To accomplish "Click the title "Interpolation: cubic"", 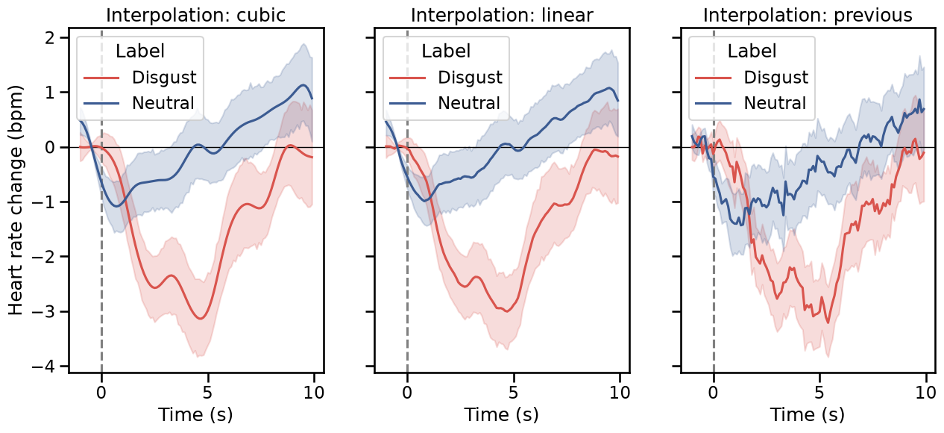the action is click(x=196, y=15).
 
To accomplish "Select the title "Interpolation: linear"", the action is click(x=502, y=15).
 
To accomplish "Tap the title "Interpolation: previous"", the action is click(x=808, y=16).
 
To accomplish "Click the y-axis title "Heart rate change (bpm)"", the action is click(x=16, y=200).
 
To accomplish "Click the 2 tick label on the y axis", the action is click(x=51, y=38).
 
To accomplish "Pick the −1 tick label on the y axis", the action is click(x=45, y=202).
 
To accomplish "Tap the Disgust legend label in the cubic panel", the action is click(x=164, y=78).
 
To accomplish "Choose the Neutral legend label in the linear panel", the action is click(x=469, y=103).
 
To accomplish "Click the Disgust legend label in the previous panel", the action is click(x=775, y=78).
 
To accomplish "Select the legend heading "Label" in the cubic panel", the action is click(x=140, y=51).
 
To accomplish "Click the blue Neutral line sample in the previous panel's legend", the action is click(x=713, y=103).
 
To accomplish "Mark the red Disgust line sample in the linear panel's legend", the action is click(x=407, y=78).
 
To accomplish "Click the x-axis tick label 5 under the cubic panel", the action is click(x=207, y=393).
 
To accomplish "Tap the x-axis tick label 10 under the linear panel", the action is click(x=620, y=393).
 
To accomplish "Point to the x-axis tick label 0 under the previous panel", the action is click(x=713, y=393).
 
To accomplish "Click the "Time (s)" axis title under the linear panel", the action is click(x=502, y=415).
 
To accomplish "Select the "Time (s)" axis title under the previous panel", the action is click(x=808, y=415).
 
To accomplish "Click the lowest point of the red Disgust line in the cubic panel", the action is click(x=201, y=319).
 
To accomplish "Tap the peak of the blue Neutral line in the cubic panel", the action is click(x=303, y=85).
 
